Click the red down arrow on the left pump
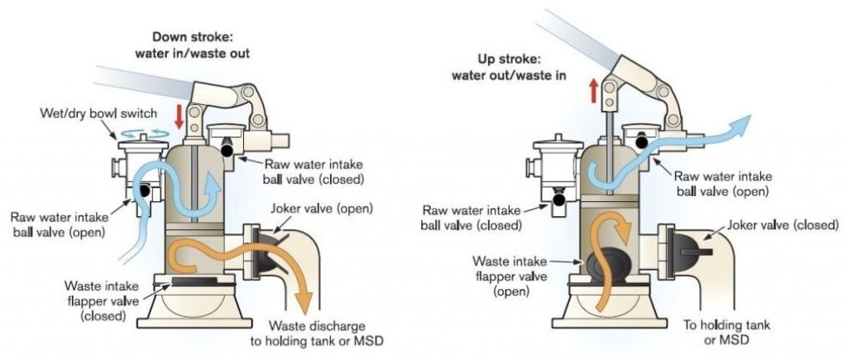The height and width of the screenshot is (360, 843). (180, 116)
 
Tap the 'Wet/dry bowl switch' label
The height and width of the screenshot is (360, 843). (99, 113)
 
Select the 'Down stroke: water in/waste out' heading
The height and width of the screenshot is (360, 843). (193, 45)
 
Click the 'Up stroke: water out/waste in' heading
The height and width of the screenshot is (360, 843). (509, 67)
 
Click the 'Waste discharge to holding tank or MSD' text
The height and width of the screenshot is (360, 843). (317, 333)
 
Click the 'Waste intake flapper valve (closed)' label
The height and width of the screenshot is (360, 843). (102, 300)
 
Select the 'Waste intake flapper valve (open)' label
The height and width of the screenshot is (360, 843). (510, 276)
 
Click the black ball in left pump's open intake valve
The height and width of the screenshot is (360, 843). (144, 190)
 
